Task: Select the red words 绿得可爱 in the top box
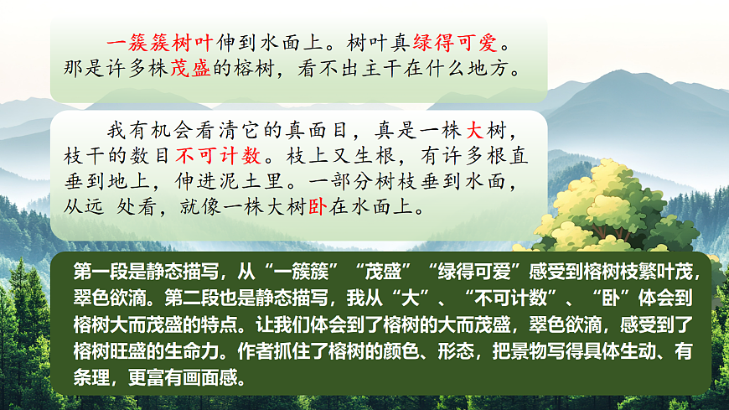[x=460, y=41]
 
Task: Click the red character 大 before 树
[x=474, y=132]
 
